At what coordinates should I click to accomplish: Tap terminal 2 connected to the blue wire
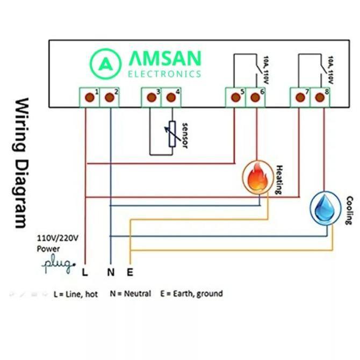110,98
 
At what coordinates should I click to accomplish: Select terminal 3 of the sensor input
151,98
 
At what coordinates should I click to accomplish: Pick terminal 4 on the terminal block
171,98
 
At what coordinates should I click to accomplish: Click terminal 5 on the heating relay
234,98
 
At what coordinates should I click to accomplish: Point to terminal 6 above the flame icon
255,98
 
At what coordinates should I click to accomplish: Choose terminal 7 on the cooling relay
300,98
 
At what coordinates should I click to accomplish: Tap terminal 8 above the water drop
320,98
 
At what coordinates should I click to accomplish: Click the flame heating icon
258,176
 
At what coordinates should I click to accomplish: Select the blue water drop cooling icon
325,207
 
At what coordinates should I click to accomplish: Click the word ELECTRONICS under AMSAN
164,74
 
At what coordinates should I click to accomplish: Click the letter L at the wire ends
84,272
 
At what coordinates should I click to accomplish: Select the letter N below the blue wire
110,272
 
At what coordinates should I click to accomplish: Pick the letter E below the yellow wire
130,272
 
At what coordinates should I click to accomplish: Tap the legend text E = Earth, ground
191,294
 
